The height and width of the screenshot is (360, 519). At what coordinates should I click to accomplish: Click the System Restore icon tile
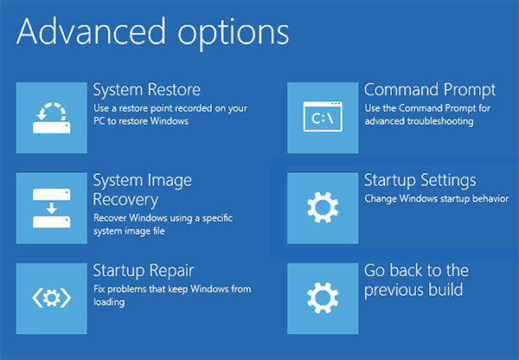click(51, 119)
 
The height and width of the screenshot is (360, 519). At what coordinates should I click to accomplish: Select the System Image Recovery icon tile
click(51, 208)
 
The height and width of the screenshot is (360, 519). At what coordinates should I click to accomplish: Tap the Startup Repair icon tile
click(51, 299)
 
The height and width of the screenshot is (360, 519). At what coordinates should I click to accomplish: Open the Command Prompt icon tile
click(322, 119)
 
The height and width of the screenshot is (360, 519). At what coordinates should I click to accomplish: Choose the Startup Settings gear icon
click(322, 209)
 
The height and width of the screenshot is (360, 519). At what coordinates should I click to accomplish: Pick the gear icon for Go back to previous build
click(322, 299)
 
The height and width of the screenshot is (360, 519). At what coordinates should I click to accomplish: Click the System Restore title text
click(146, 90)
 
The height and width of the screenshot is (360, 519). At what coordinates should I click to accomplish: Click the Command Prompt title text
click(429, 90)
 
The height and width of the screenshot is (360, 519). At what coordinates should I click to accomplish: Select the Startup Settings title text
click(420, 180)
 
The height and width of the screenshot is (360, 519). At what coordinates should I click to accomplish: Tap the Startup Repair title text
click(143, 271)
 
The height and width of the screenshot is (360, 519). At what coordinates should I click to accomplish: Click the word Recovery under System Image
click(126, 198)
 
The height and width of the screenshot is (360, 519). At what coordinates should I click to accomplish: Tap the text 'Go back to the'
click(416, 271)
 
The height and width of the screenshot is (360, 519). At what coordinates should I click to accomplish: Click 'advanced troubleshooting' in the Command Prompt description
click(418, 122)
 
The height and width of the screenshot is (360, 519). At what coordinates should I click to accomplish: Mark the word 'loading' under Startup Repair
click(109, 303)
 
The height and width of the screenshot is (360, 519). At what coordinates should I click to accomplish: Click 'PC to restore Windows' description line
click(140, 122)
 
